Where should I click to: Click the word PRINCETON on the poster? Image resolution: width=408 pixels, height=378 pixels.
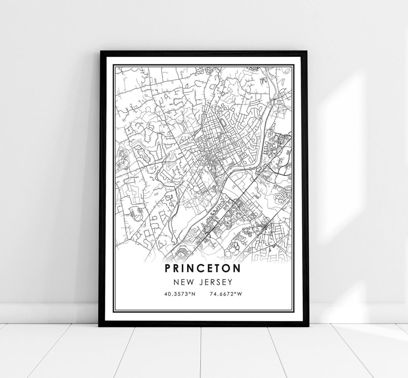(x=202, y=268)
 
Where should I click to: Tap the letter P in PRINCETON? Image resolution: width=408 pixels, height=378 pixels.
(x=168, y=268)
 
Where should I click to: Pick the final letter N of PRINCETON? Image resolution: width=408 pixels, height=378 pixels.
(x=238, y=268)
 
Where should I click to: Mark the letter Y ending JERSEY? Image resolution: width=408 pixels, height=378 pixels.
(x=229, y=282)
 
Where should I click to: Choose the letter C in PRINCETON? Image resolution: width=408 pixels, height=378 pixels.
(x=201, y=268)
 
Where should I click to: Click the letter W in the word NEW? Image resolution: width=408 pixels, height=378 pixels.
(x=191, y=282)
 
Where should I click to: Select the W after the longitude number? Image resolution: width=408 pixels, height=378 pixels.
(x=240, y=294)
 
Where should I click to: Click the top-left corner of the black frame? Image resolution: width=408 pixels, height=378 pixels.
(x=100, y=51)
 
